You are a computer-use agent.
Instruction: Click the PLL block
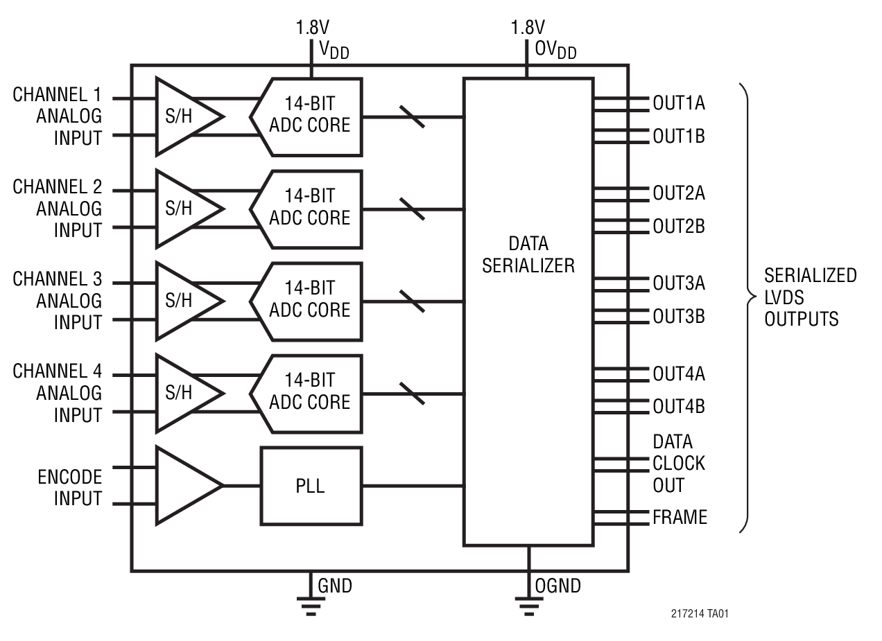tap(311, 485)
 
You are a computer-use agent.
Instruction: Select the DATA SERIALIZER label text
tap(528, 254)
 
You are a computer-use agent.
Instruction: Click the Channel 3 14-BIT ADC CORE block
tap(309, 301)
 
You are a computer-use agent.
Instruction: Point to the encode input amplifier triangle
tap(184, 485)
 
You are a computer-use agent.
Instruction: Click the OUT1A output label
tap(678, 103)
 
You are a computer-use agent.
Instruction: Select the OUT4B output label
tap(678, 406)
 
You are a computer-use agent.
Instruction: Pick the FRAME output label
tap(679, 517)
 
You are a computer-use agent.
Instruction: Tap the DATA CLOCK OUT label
tap(678, 463)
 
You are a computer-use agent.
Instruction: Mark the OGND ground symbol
tap(528, 604)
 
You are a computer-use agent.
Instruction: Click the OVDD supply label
tap(555, 51)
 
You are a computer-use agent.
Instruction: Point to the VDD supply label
tap(334, 51)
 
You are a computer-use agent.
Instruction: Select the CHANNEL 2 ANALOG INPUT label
tap(58, 209)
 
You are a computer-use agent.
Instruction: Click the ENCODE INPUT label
tap(69, 488)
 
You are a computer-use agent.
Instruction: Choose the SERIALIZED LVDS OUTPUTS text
tap(810, 297)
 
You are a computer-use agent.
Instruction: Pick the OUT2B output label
tap(678, 226)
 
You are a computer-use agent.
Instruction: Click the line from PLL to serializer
tap(413, 485)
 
